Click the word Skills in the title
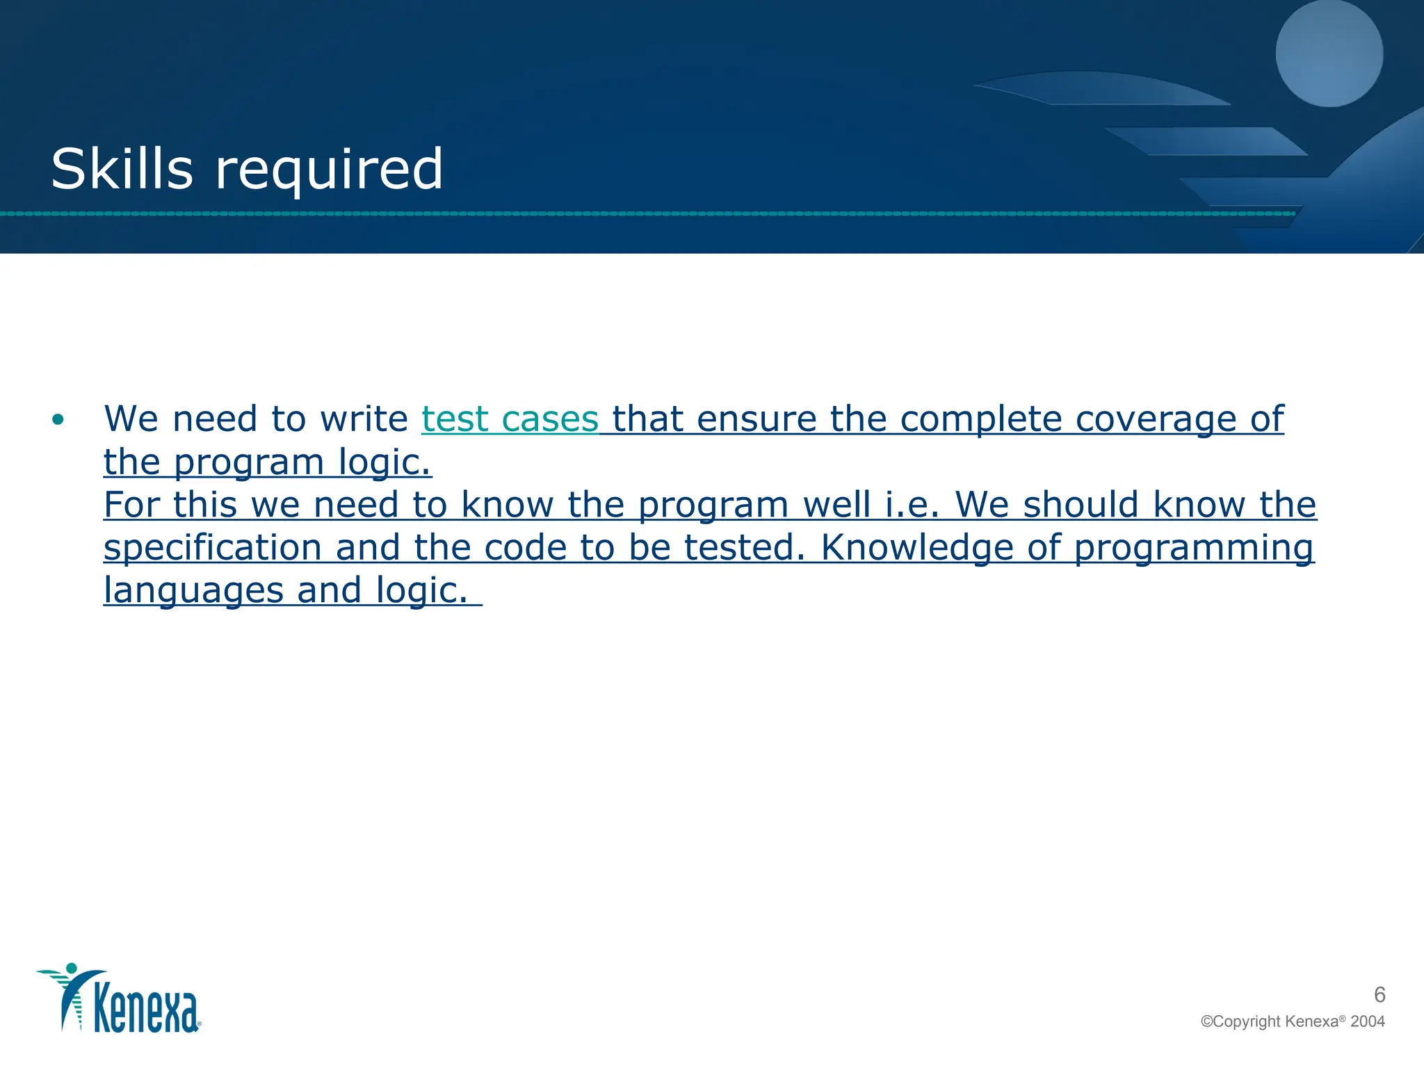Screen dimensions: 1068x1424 point(122,169)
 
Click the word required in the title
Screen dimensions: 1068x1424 point(329,170)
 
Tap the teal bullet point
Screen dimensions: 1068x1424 point(58,420)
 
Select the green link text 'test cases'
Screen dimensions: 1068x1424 point(510,419)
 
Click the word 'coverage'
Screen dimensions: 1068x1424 point(1156,419)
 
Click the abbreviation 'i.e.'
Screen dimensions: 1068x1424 point(912,505)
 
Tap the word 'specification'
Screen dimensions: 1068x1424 point(212,548)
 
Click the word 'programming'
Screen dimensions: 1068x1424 point(1193,548)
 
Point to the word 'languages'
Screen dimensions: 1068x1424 point(193,591)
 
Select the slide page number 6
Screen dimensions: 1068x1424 point(1379,995)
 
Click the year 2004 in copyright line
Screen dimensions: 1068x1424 point(1367,1021)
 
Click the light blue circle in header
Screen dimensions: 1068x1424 point(1329,54)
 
